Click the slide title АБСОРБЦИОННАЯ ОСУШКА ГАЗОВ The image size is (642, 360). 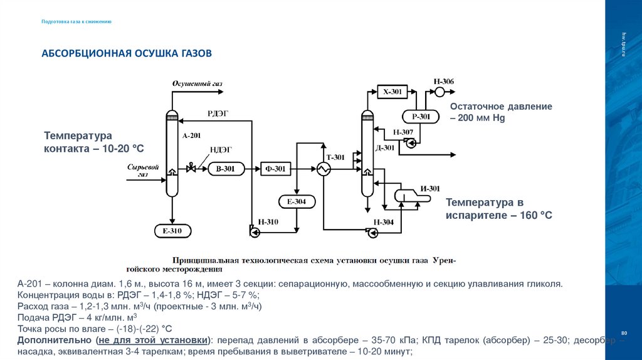[127, 53]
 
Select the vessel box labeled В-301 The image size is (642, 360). [226, 168]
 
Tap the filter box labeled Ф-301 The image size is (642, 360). [276, 168]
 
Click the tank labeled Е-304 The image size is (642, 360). [297, 201]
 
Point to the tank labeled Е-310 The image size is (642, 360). [172, 231]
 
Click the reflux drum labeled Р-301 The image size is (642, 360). [421, 116]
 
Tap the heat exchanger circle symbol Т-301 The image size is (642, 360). [324, 168]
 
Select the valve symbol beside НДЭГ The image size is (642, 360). [192, 168]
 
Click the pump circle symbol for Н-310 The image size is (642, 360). [253, 233]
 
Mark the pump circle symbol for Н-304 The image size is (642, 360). [374, 233]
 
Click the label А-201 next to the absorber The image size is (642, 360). [192, 135]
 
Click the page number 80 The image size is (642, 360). [623, 331]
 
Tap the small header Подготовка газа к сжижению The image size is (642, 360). [76, 21]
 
